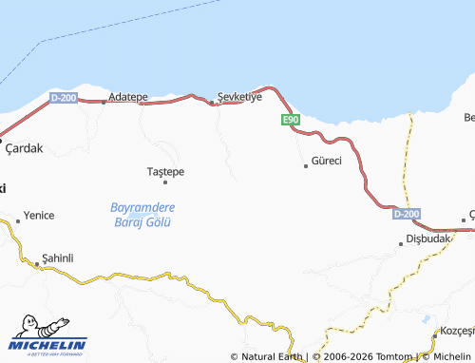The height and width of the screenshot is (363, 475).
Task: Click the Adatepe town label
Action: [128, 97]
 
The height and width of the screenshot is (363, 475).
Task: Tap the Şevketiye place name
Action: [239, 97]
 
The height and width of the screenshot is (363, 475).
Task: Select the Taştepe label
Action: [166, 171]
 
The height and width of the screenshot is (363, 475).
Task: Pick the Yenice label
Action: [39, 216]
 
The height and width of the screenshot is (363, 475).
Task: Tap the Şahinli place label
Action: [58, 258]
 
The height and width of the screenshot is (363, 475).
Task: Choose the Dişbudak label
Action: [427, 239]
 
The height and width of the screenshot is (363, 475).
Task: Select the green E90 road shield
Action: [291, 120]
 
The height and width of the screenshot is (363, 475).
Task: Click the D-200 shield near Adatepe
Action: [64, 97]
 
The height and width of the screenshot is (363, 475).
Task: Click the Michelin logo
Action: [47, 333]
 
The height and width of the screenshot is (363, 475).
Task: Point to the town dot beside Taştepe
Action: [165, 181]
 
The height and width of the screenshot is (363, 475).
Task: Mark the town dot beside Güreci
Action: [306, 165]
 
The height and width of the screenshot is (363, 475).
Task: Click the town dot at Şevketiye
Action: [211, 104]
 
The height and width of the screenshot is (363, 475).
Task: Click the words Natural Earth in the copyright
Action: [272, 356]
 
